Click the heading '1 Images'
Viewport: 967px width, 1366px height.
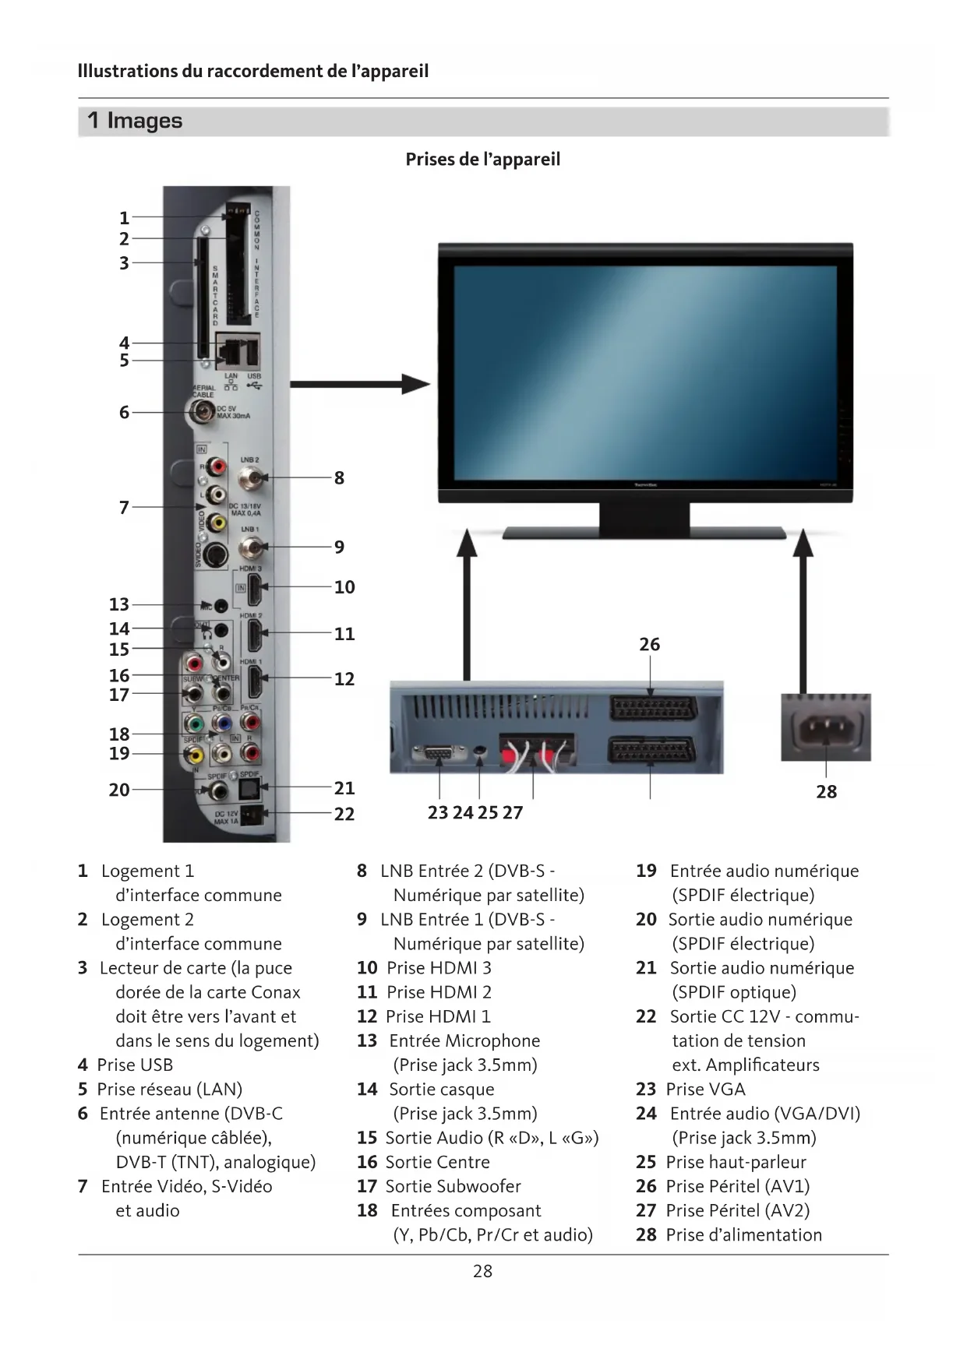tap(135, 121)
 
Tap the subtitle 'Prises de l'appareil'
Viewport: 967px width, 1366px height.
tap(482, 160)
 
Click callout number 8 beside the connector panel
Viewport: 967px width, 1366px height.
tap(339, 478)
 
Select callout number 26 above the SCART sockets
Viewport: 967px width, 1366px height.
tap(649, 645)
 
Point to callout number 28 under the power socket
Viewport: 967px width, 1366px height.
tap(826, 792)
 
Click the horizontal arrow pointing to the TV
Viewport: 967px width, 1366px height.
tap(359, 384)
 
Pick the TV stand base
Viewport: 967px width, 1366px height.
tap(644, 533)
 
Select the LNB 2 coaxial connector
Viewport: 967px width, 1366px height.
tap(250, 477)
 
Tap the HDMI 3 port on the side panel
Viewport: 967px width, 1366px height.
tap(254, 590)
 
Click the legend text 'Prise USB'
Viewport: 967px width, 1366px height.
tap(135, 1065)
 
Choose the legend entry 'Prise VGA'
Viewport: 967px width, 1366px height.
tap(705, 1089)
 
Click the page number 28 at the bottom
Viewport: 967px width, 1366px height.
tap(482, 1271)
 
